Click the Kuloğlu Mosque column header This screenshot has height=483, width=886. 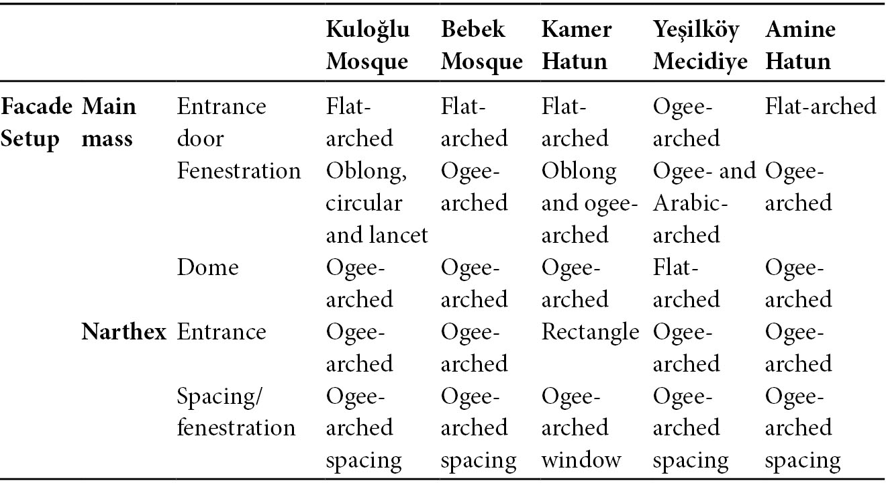tap(368, 45)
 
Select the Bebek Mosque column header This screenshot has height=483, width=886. tap(482, 45)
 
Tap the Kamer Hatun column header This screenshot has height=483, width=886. tap(577, 45)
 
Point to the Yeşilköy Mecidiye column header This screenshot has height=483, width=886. tap(700, 45)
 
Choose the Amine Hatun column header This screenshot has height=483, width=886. tap(800, 45)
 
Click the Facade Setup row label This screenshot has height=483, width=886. tap(36, 123)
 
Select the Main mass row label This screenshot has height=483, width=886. tap(109, 123)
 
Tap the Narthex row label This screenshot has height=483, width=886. tap(124, 331)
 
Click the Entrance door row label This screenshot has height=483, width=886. tap(221, 123)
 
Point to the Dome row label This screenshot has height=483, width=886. tap(207, 267)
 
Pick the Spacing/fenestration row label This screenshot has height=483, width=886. tap(236, 412)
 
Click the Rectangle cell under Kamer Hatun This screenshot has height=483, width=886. tap(590, 331)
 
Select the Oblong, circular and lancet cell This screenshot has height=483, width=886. tap(377, 203)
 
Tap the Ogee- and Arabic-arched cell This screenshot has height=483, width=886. tap(704, 203)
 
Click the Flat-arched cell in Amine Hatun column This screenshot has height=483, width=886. tap(820, 106)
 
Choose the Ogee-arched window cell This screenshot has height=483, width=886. tap(581, 428)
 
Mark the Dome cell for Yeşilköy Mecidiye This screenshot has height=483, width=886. tap(686, 283)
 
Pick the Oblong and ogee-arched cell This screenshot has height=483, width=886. tap(589, 203)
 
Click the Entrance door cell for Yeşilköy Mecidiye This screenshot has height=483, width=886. tap(686, 123)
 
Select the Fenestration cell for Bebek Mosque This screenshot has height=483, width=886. tap(474, 187)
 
